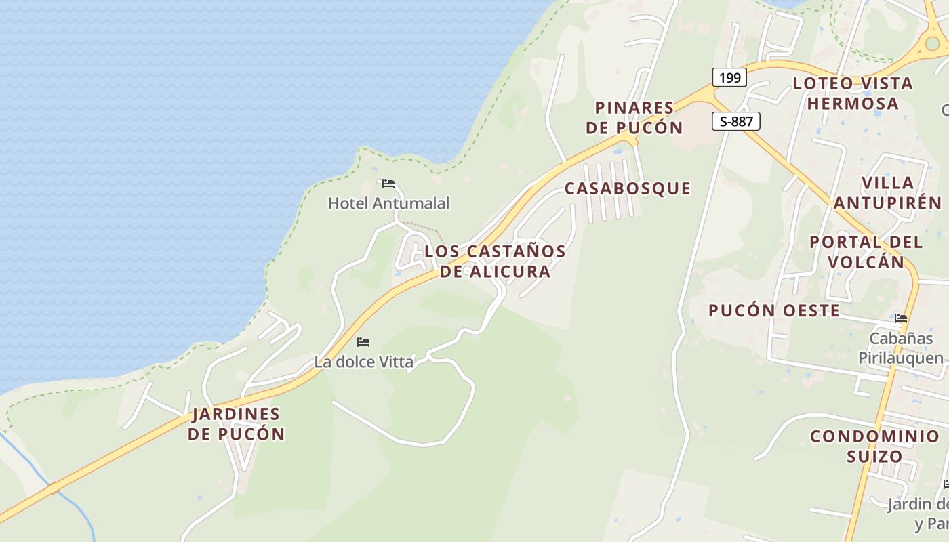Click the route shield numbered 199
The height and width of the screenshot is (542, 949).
click(729, 77)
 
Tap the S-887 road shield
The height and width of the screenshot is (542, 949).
click(736, 121)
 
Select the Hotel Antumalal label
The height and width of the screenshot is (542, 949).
click(388, 203)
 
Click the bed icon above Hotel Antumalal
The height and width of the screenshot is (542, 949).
click(388, 184)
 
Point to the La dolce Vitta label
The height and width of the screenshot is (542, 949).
click(363, 362)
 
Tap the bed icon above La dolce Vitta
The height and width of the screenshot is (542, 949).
click(363, 342)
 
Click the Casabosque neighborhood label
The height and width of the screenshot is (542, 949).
click(628, 188)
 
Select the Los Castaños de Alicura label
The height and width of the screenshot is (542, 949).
click(495, 261)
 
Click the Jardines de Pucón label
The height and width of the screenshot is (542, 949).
click(236, 424)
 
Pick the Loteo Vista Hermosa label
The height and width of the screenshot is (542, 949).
click(853, 93)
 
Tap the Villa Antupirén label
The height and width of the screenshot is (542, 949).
click(887, 192)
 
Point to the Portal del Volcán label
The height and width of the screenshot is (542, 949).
click(866, 252)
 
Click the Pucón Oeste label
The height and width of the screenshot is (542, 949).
click(774, 311)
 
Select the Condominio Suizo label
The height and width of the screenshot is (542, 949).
click(874, 446)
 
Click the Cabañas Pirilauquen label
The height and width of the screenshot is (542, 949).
click(901, 348)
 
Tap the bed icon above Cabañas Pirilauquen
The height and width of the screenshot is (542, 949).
click(901, 318)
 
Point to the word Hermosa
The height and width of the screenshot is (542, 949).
click(853, 104)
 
